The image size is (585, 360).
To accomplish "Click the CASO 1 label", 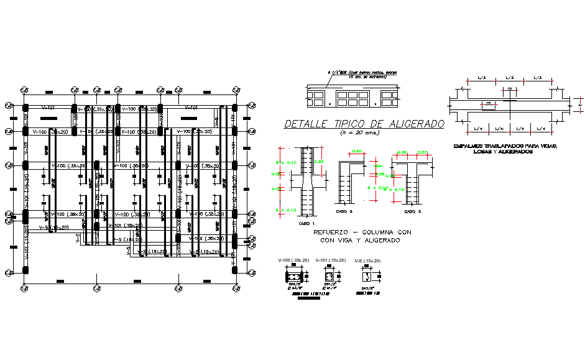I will coord(307,223).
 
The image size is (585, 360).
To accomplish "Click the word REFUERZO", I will coord(335,232).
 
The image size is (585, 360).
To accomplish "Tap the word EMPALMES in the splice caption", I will coord(471,146).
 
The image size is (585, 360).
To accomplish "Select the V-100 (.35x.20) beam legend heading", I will coord(293,261).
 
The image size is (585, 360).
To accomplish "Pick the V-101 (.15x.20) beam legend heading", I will coord(330,261).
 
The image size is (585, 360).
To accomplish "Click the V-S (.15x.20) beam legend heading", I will coord(367,261).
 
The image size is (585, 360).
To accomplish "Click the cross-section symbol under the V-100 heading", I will coord(293,275).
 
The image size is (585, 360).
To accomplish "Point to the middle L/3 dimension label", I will coord(510,78).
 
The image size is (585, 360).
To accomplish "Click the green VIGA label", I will coord(377,167).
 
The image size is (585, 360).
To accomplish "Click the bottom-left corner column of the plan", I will coord(25,270).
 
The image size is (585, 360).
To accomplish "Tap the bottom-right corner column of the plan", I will coord(234,270).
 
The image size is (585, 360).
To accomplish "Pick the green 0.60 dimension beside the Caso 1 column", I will coord(320,162).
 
